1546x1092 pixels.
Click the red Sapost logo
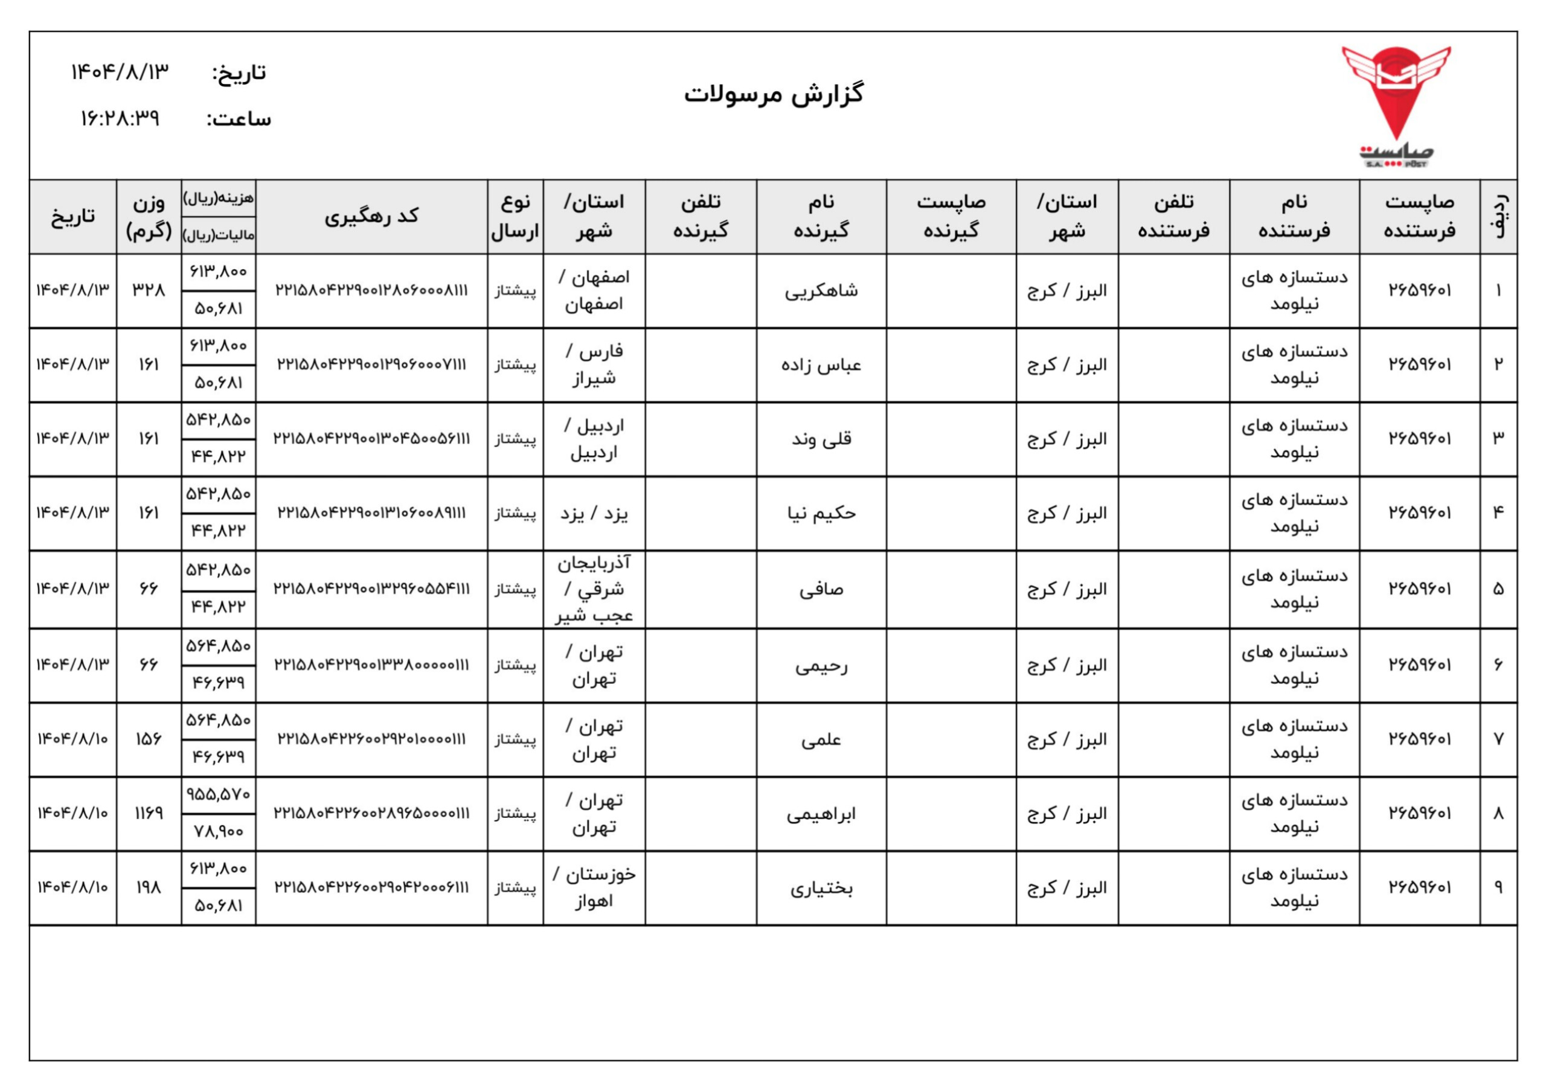1396,101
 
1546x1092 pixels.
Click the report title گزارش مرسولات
774,94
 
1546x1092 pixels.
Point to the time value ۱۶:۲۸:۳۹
120,119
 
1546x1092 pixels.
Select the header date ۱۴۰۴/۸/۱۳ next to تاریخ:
120,72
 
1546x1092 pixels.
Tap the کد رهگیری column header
371,216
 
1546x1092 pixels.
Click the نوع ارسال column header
515,216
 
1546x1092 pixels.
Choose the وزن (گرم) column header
148,216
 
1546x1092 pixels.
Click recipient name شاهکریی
821,291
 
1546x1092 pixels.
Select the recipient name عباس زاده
821,365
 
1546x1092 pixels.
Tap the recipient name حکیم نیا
821,513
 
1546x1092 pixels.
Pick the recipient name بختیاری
821,888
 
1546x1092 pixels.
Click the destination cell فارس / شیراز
594,365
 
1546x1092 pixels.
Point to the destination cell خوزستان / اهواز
594,887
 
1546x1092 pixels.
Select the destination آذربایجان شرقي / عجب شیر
594,589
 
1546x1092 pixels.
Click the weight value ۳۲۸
148,290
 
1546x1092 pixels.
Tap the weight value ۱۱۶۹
148,813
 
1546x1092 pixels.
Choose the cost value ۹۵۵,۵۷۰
218,794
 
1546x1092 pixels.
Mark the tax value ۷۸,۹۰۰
218,831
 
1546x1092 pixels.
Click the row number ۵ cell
1498,589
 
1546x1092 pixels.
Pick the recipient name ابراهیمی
821,814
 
